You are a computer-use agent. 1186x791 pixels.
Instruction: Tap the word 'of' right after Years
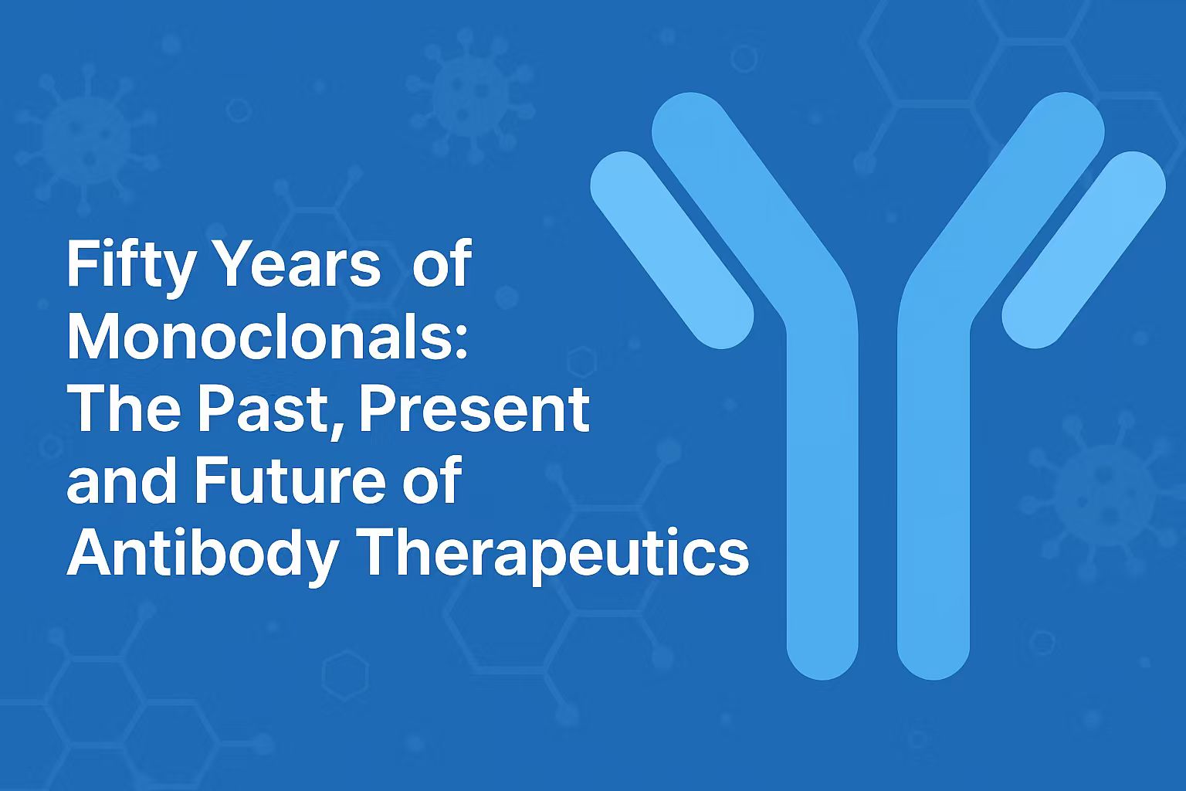(441, 263)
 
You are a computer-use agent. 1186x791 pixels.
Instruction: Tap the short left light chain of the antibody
(672, 250)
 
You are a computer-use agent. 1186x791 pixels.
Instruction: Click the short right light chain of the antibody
(1084, 250)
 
